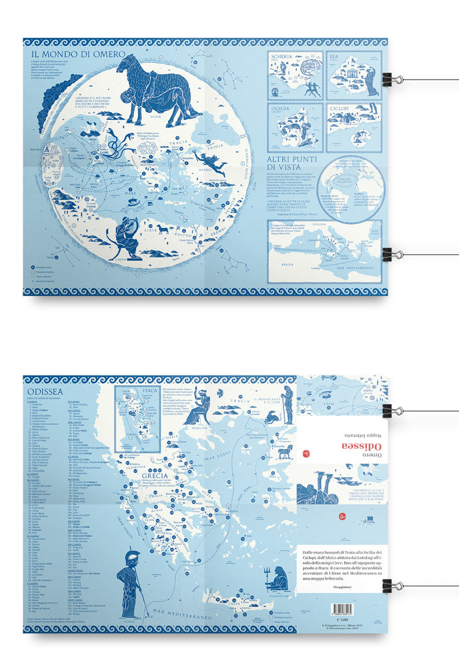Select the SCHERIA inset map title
[282, 57]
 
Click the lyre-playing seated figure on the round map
[125, 237]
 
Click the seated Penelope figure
[199, 408]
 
